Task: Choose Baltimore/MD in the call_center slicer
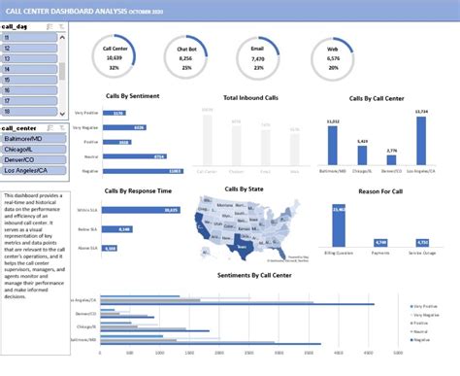click(x=31, y=138)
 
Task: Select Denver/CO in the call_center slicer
click(x=31, y=160)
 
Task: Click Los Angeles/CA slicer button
click(x=31, y=171)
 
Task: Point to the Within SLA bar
click(x=141, y=209)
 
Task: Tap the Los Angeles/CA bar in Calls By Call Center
click(x=420, y=141)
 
